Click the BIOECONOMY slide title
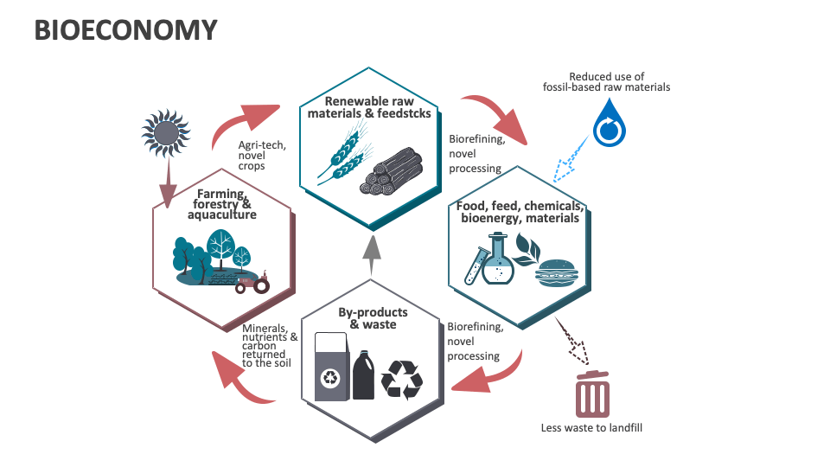click(x=124, y=30)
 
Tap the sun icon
click(x=166, y=131)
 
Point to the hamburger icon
click(x=556, y=272)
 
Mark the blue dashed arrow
click(x=567, y=162)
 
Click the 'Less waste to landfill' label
click(x=591, y=427)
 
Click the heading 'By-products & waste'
click(x=373, y=317)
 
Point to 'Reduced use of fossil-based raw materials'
click(x=606, y=81)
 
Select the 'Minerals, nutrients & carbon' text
click(x=270, y=345)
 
